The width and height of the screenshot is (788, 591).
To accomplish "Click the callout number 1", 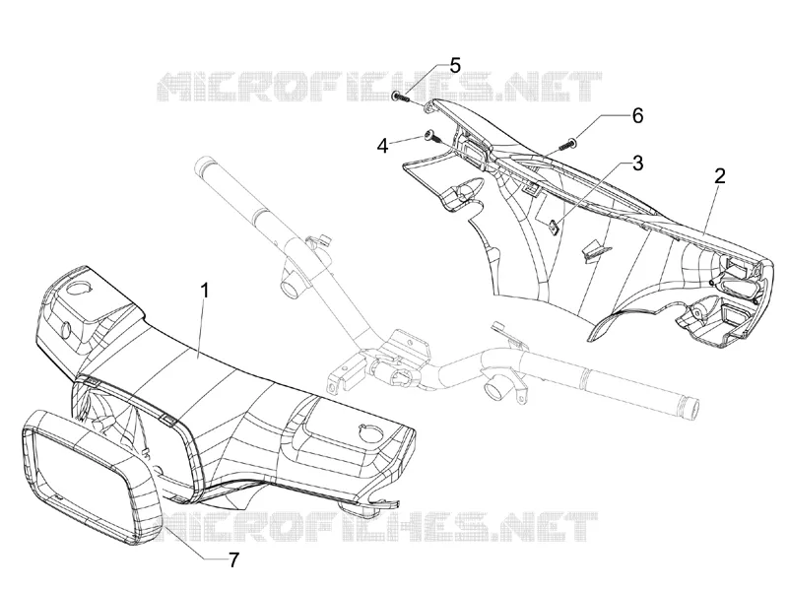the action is coord(204,291).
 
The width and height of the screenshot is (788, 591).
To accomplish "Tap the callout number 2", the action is coord(720,176).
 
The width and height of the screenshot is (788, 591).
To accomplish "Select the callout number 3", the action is coord(637,163).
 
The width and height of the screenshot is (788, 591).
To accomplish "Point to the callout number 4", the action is coord(383,146).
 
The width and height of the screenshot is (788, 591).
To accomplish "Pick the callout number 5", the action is coord(455,65).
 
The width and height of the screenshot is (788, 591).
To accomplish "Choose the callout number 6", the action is coord(637,115).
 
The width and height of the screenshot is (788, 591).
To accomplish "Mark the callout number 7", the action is coord(233,559).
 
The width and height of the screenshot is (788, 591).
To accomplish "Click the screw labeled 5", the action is coord(400,97).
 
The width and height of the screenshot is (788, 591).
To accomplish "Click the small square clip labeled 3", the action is coord(554,227).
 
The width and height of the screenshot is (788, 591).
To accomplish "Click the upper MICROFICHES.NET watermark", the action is coord(379,87).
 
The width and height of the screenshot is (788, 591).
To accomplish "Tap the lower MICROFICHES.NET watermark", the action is coord(377,528).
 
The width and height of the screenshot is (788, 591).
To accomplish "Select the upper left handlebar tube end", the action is coord(205,164).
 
